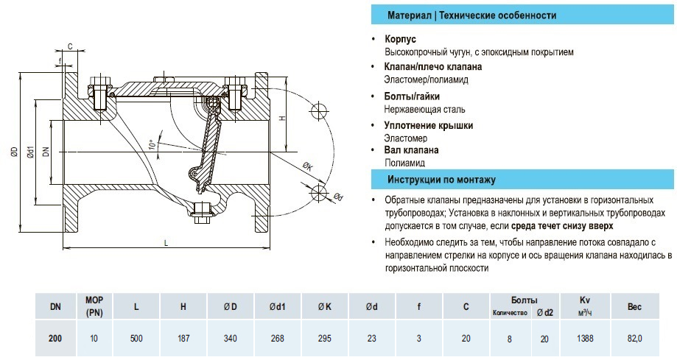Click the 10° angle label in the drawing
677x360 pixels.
click(152, 144)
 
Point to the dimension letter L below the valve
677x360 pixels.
click(166, 242)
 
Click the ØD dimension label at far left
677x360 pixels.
click(14, 153)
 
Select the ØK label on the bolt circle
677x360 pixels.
click(307, 167)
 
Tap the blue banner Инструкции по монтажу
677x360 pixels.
click(441, 180)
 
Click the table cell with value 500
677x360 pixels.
click(136, 339)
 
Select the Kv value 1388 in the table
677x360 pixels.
click(586, 339)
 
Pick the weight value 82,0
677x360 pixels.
click(635, 339)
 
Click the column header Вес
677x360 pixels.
click(635, 306)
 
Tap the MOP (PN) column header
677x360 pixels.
click(94, 306)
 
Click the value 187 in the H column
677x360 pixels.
click(183, 339)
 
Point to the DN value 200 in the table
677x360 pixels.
click(55, 339)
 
